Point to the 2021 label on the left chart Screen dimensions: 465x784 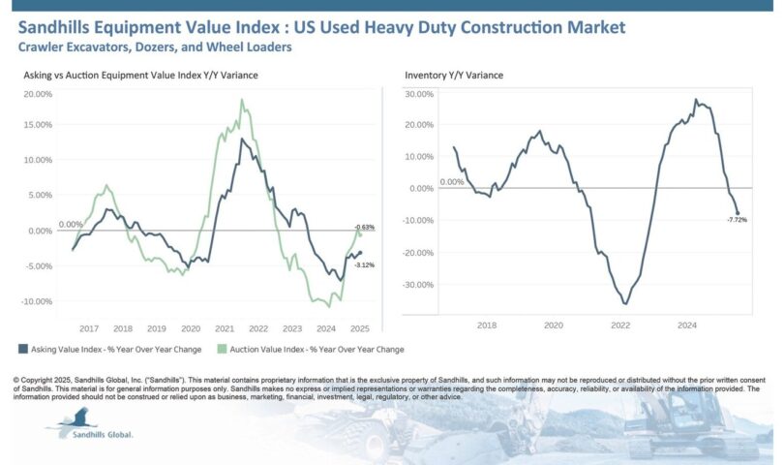(225, 327)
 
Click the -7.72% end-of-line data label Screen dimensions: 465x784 (738, 220)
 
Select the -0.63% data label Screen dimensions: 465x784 (365, 227)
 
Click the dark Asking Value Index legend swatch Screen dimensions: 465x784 (22, 349)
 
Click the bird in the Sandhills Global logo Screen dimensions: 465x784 (74, 418)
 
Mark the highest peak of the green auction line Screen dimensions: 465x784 (242, 100)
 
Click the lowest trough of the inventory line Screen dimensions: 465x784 (625, 304)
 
